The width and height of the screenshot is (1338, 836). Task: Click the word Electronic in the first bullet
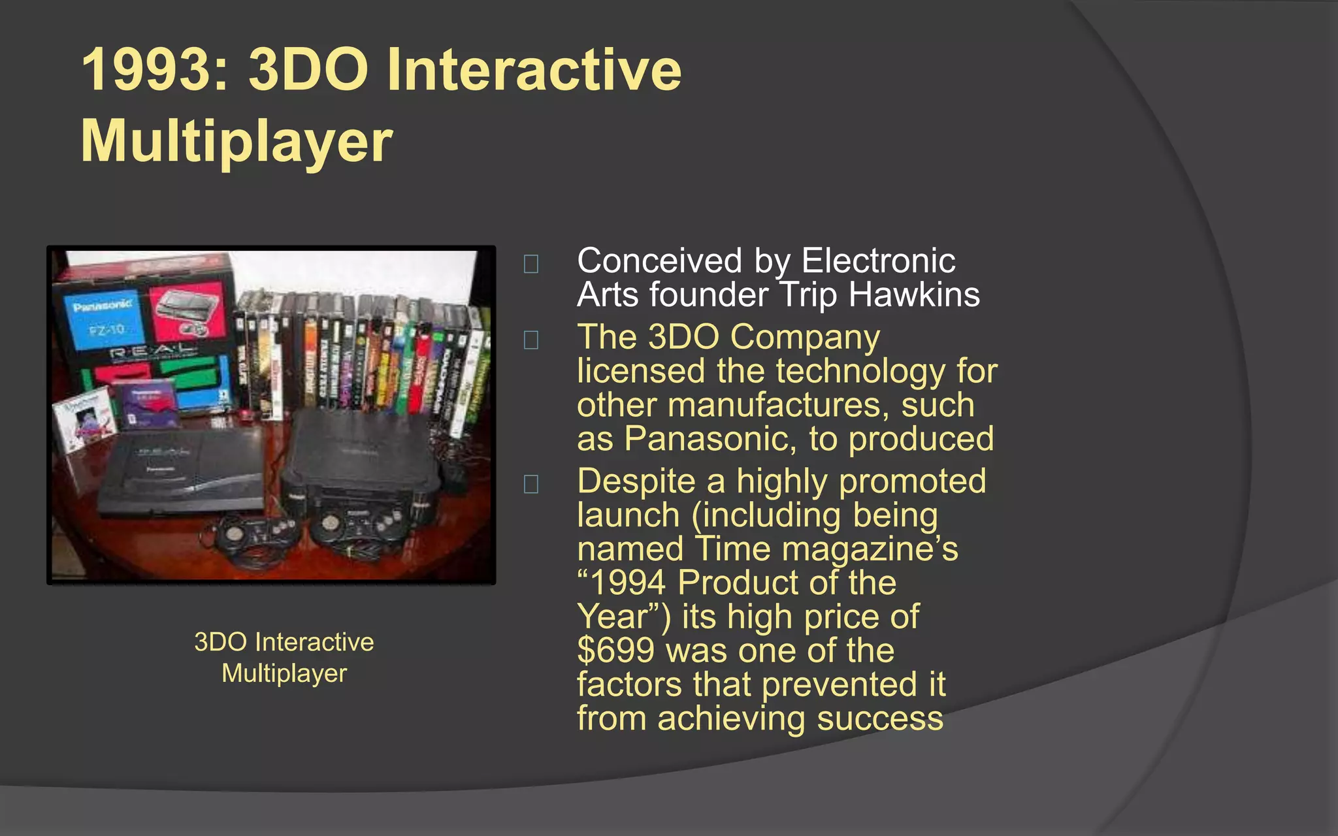coord(878,261)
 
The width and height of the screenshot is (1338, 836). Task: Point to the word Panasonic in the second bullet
coord(710,438)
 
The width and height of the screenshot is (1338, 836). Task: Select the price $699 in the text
coord(615,651)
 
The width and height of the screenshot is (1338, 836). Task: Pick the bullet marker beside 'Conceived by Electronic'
coord(531,264)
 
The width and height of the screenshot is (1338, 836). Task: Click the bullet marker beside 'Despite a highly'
coord(531,484)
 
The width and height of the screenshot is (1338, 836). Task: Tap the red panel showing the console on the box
coord(189,314)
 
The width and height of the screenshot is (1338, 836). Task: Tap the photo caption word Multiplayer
coord(284,673)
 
